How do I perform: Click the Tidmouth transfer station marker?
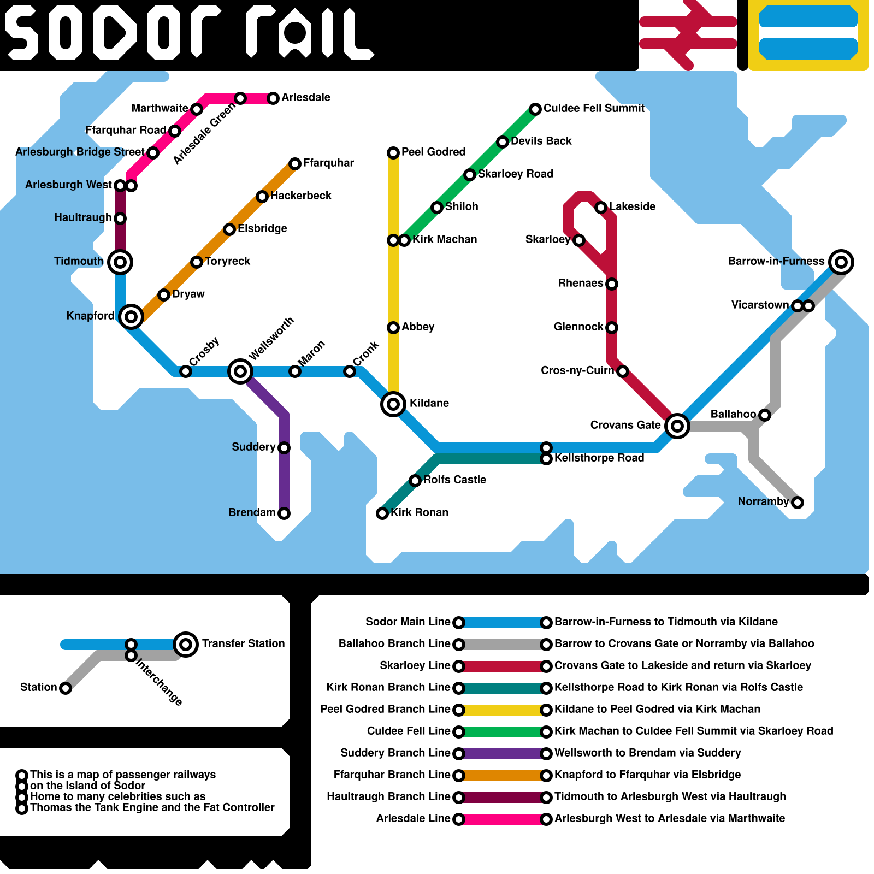click(x=120, y=262)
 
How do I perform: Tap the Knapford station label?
click(x=90, y=316)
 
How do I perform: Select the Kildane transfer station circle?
click(x=393, y=404)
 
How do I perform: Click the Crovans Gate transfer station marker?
click(x=677, y=426)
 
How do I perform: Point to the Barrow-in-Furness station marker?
click(x=841, y=262)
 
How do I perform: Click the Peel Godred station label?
click(x=433, y=152)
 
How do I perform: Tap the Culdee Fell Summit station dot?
click(x=535, y=109)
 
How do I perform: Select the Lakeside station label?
click(x=632, y=206)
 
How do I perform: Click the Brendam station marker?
click(x=284, y=513)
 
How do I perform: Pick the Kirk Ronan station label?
click(x=420, y=512)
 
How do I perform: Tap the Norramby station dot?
click(x=798, y=503)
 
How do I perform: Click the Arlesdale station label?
click(x=306, y=97)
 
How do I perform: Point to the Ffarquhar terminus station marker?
click(x=295, y=164)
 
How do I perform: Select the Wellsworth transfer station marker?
click(x=240, y=371)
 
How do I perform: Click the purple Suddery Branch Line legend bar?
click(x=503, y=754)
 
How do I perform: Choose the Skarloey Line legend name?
click(x=415, y=665)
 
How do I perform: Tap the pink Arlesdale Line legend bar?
click(x=503, y=819)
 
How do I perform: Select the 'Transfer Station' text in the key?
click(x=243, y=643)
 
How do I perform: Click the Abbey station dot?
click(x=393, y=328)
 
